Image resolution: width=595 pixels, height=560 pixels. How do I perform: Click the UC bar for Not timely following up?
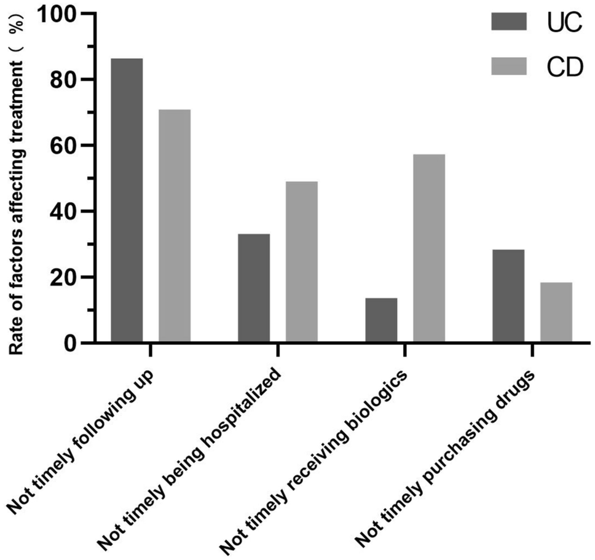click(127, 200)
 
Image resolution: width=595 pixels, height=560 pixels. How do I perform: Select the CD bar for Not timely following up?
click(175, 226)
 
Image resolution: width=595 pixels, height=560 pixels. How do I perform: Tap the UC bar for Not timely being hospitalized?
click(254, 288)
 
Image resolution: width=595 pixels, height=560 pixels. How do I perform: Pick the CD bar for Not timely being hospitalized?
click(302, 261)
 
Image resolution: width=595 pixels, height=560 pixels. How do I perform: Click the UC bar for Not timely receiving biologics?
click(381, 320)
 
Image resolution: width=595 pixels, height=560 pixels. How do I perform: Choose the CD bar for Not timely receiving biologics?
click(429, 248)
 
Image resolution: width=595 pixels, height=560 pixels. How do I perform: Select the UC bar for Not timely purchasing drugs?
click(508, 296)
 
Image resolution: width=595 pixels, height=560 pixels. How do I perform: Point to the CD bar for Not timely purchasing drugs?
click(556, 312)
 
